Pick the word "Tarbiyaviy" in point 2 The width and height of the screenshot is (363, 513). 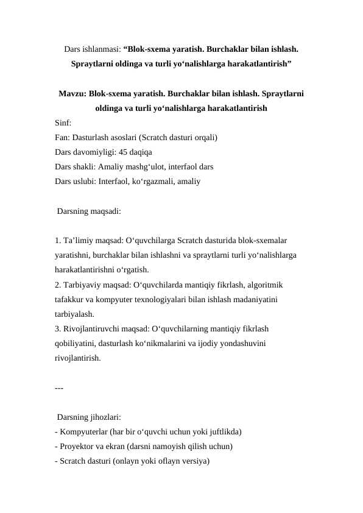coord(82,285)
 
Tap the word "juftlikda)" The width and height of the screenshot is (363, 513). coord(222,432)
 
